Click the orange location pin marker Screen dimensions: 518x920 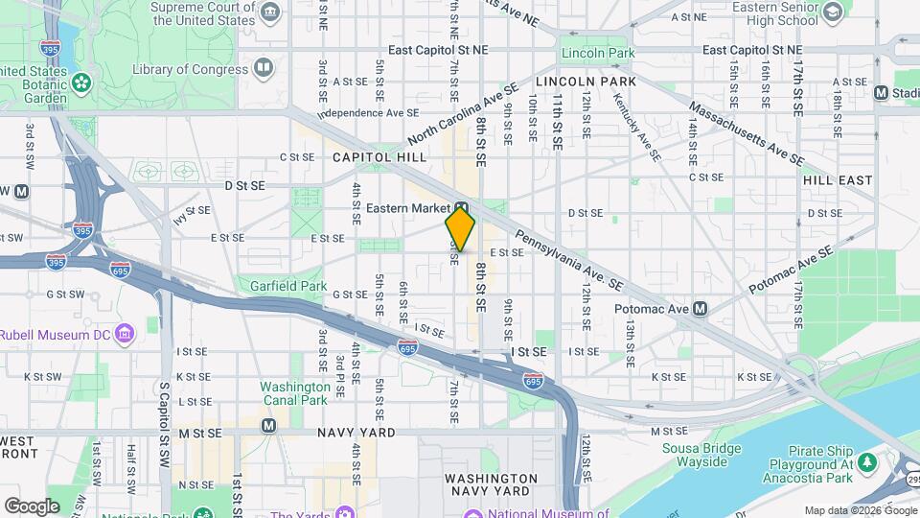460,229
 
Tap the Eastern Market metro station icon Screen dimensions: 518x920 461,207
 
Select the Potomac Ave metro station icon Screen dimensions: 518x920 701,309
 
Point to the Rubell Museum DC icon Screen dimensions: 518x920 124,334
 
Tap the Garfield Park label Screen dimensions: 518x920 288,286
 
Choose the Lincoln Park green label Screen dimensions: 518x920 597,53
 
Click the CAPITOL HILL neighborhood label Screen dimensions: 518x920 379,156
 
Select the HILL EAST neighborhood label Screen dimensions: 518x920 838,179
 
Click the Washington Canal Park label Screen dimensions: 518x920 295,393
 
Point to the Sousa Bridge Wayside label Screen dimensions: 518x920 702,455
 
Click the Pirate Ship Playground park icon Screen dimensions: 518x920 867,463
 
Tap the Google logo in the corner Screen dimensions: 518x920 32,506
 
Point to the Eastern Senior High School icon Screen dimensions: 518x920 832,12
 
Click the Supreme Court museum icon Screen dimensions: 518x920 270,12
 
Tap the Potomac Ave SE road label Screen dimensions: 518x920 788,268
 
